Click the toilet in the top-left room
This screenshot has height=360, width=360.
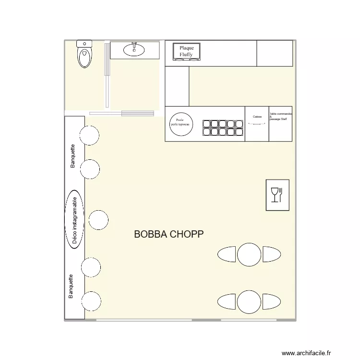click(84, 54)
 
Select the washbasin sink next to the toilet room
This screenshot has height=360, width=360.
click(134, 48)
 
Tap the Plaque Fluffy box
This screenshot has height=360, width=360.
click(186, 51)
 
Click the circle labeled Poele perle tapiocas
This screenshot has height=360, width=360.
click(180, 123)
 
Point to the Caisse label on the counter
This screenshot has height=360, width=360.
click(257, 117)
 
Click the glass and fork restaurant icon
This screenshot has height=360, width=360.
click(277, 195)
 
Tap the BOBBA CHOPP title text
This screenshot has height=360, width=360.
click(169, 234)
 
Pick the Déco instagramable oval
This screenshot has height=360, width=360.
click(75, 219)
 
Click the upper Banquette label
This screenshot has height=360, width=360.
click(73, 156)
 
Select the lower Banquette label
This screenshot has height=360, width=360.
click(71, 287)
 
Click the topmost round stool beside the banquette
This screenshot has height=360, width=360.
click(90, 135)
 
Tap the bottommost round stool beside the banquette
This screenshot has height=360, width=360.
click(91, 301)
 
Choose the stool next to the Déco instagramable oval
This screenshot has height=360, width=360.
click(98, 220)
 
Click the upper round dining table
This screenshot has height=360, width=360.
click(249, 254)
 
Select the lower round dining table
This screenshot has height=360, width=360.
click(249, 301)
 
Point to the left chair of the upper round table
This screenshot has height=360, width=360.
click(227, 254)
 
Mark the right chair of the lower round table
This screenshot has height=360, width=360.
click(272, 301)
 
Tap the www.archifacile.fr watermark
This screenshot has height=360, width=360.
click(307, 353)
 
